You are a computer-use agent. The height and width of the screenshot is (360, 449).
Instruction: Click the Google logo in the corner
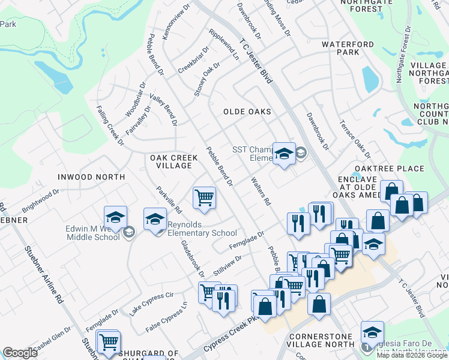point(19,353)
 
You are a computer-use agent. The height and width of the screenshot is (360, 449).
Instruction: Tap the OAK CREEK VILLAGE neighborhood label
point(173,161)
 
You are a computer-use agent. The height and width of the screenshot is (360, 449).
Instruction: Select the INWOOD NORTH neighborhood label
point(91,177)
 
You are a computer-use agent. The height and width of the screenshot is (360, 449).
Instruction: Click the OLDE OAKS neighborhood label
point(247,112)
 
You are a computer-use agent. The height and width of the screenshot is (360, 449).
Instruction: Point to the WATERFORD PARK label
point(348,49)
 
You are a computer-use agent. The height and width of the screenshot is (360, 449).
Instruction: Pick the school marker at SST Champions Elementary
point(284,154)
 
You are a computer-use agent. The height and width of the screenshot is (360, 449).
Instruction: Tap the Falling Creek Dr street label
point(110,126)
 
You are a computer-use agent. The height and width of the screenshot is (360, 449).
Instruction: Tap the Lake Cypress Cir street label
point(151,304)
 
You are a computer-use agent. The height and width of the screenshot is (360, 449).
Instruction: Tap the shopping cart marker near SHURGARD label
point(109,342)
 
